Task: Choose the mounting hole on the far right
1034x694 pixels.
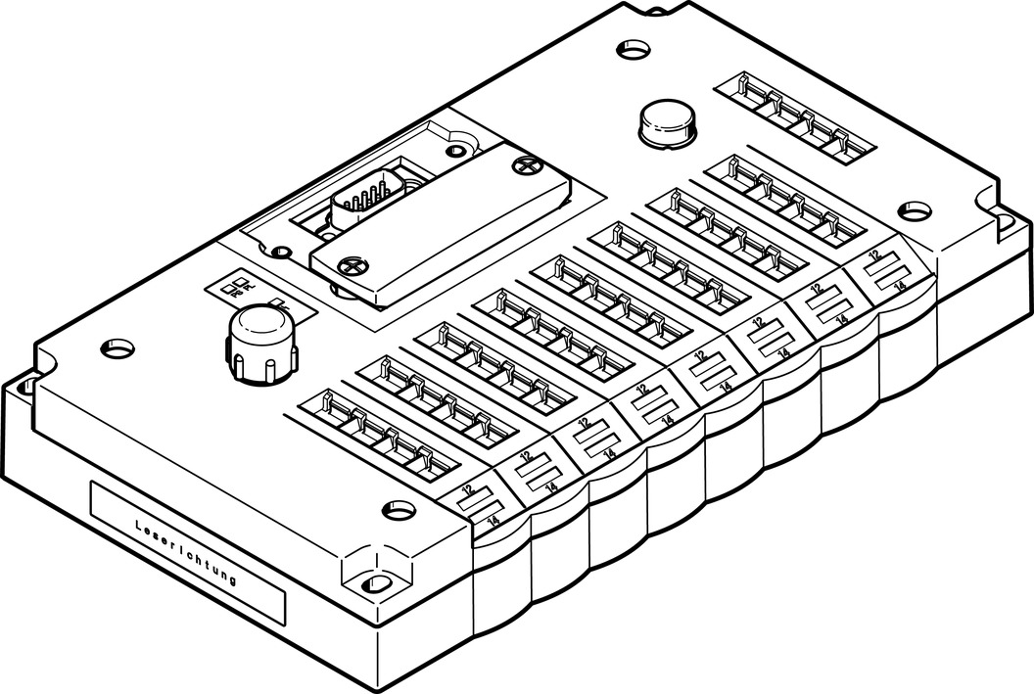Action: click(916, 209)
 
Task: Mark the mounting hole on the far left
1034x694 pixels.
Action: click(116, 347)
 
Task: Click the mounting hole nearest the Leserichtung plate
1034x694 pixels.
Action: click(397, 508)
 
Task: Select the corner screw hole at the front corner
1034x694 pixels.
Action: click(373, 583)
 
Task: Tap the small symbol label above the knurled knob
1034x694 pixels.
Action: click(235, 285)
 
